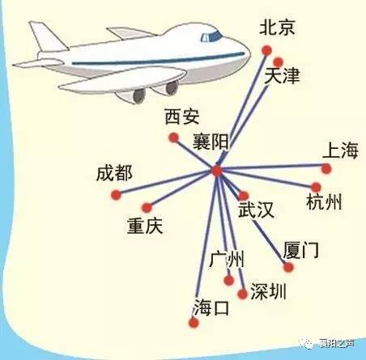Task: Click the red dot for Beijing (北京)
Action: click(x=266, y=50)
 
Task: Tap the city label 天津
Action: click(x=282, y=75)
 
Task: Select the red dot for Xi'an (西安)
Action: click(x=174, y=138)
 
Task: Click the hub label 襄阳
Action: click(x=211, y=142)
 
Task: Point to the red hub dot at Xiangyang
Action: click(x=217, y=171)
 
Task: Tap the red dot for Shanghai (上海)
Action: click(x=326, y=169)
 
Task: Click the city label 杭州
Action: click(x=324, y=202)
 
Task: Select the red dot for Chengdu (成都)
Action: click(x=116, y=195)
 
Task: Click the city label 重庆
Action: click(x=145, y=226)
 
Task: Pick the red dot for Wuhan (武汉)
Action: click(x=244, y=196)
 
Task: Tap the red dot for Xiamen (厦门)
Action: click(x=288, y=267)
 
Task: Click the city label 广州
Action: click(x=227, y=259)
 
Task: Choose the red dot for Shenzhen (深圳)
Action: click(x=242, y=294)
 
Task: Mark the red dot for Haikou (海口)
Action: click(x=194, y=323)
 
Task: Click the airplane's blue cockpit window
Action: click(x=211, y=36)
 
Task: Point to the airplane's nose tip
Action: click(x=249, y=54)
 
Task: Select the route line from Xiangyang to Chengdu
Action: click(x=167, y=183)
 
